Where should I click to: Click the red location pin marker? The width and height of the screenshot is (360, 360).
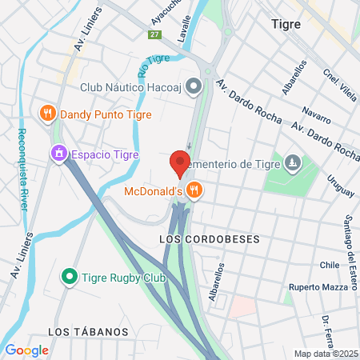(180, 163)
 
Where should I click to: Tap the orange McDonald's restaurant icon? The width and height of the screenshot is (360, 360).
(194, 190)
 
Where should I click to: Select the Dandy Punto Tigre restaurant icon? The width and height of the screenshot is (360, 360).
(48, 113)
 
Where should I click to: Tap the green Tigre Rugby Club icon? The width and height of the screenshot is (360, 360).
(70, 278)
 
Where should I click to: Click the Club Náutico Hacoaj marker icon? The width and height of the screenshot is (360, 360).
(194, 86)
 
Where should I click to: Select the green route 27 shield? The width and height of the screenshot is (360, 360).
(154, 34)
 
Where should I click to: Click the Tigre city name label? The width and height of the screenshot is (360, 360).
(286, 24)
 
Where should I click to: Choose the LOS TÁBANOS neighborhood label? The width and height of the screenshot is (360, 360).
(88, 331)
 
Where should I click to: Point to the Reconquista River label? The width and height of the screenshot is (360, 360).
(23, 169)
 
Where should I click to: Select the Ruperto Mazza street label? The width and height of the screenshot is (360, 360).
(318, 286)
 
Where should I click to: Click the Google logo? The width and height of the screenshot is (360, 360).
(26, 350)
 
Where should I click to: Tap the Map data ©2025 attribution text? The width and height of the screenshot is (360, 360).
(325, 354)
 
